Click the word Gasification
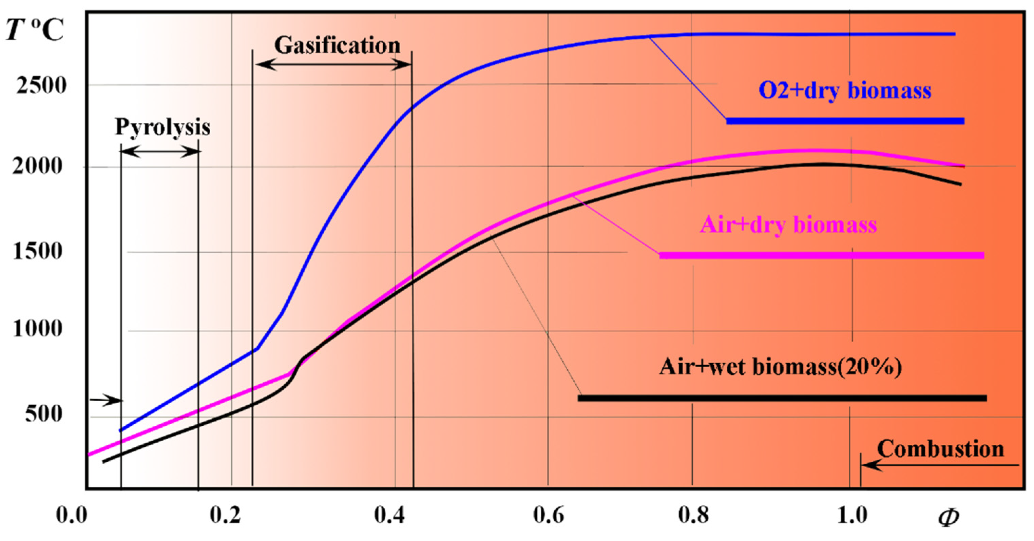337,45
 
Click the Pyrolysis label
162,127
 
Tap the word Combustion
940,449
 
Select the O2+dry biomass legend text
845,90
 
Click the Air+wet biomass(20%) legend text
780,366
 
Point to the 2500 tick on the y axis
41,85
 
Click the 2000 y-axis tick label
38,166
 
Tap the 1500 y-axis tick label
38,252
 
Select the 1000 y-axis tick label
38,329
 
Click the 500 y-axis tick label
44,414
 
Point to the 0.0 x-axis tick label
72,515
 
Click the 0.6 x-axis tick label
548,515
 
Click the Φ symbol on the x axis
949,517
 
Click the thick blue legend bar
845,121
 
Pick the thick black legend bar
782,398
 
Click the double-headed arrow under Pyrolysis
160,151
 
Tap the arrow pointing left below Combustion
939,465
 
